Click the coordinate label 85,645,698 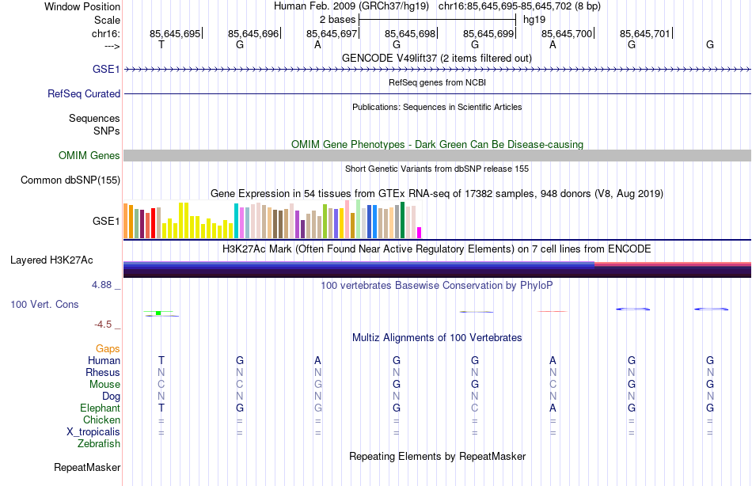pyautogui.click(x=410, y=33)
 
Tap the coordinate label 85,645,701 pyautogui.click(x=644, y=33)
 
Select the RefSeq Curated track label pyautogui.click(x=84, y=93)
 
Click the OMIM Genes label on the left pyautogui.click(x=89, y=156)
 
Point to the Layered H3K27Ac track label pyautogui.click(x=51, y=260)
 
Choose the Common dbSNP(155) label pyautogui.click(x=70, y=180)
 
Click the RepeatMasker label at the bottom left pyautogui.click(x=86, y=468)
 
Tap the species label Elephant pyautogui.click(x=100, y=408)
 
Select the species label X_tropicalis pyautogui.click(x=93, y=431)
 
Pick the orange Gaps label pyautogui.click(x=108, y=348)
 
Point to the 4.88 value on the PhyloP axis pyautogui.click(x=104, y=284)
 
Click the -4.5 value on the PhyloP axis pyautogui.click(x=107, y=324)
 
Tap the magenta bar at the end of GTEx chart pyautogui.click(x=419, y=233)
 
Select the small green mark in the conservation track pyautogui.click(x=158, y=313)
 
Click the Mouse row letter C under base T pyautogui.click(x=161, y=384)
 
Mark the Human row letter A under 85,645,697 pyautogui.click(x=317, y=360)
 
